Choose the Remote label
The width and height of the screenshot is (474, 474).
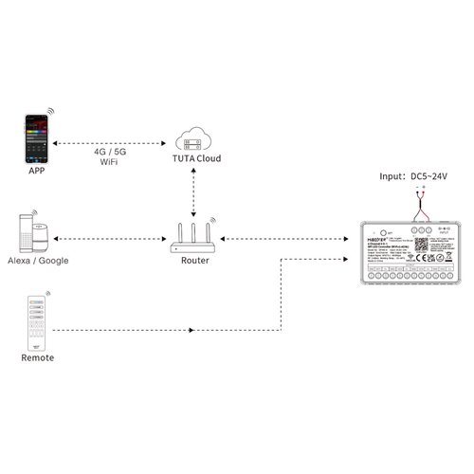point(36,359)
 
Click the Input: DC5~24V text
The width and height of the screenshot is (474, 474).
point(414,176)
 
